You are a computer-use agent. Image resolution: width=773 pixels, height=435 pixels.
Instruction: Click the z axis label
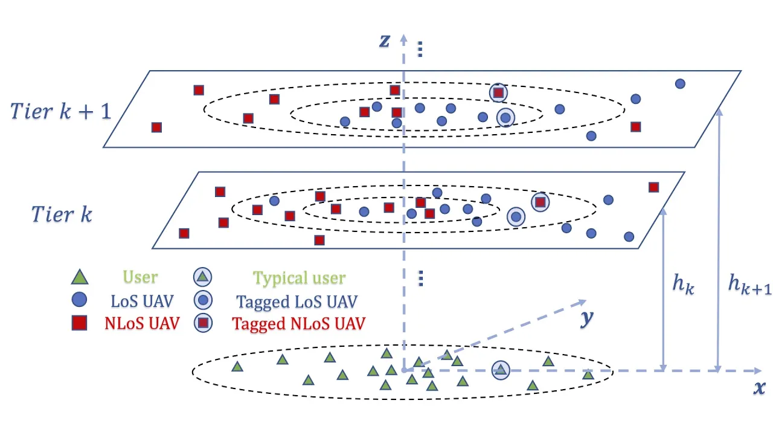[385, 40]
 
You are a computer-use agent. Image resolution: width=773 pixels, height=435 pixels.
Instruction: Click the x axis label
[759, 387]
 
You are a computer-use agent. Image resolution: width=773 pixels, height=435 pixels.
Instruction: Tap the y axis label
[586, 318]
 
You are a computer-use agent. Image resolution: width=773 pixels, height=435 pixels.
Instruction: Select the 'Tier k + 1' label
[60, 111]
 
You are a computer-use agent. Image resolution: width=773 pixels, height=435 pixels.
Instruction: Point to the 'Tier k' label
[61, 213]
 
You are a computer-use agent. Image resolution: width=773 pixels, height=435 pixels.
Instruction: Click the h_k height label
[683, 283]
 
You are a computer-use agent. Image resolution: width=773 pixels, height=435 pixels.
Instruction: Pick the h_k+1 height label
[749, 283]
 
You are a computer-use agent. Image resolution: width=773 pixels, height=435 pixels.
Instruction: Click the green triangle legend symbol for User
[80, 277]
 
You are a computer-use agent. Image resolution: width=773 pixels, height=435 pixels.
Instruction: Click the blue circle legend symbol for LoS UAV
[80, 300]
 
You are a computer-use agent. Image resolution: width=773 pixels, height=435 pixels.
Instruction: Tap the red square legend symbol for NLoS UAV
[80, 323]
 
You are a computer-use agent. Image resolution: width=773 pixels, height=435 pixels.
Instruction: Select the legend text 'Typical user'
[299, 278]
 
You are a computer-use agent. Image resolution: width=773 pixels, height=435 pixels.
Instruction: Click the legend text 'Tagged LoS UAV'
[297, 301]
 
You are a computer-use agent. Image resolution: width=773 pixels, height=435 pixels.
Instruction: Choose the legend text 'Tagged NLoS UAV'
[299, 323]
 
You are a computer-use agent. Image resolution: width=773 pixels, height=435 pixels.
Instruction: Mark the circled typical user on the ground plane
[500, 370]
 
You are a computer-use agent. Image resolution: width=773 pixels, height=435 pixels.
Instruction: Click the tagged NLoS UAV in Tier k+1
[498, 92]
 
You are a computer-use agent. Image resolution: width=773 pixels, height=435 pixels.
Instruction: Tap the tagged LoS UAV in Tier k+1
[505, 117]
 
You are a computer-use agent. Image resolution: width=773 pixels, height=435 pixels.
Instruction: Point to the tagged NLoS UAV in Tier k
[540, 202]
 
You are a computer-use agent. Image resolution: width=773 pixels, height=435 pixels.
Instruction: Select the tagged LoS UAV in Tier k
[516, 217]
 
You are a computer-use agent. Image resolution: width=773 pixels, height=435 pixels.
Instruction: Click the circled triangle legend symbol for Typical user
[204, 277]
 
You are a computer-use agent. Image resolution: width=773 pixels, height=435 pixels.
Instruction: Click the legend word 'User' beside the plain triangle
[140, 277]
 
